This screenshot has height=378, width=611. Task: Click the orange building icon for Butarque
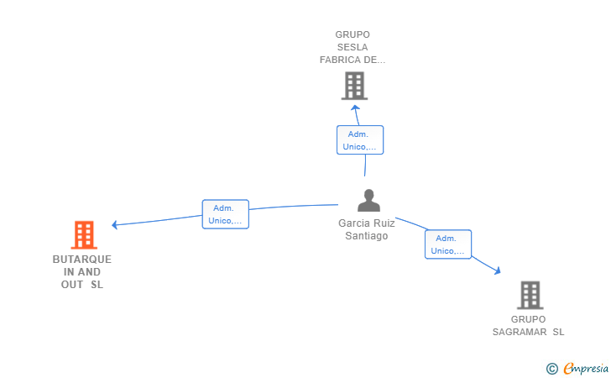(x=84, y=235)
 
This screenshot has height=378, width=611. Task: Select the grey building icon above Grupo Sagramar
(x=530, y=296)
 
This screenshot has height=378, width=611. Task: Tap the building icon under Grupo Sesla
(x=354, y=86)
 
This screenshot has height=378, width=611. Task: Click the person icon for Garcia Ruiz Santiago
(x=368, y=201)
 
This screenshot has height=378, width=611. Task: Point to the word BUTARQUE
(x=82, y=260)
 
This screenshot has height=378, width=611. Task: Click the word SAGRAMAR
(x=520, y=332)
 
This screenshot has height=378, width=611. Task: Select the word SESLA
(x=352, y=47)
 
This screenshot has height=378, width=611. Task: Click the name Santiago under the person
(x=366, y=235)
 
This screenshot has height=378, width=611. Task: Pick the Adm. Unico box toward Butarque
(x=226, y=214)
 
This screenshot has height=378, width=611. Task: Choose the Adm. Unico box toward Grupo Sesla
(x=360, y=140)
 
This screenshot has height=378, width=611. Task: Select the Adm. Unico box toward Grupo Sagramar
(x=448, y=244)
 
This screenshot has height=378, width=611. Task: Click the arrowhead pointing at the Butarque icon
(x=114, y=225)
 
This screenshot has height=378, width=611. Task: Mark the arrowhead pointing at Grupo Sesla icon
(x=355, y=108)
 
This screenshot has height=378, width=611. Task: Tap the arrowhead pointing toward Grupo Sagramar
(x=497, y=270)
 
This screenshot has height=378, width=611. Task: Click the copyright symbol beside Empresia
(x=551, y=369)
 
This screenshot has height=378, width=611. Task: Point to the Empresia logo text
(x=586, y=368)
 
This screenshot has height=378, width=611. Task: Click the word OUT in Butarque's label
(x=72, y=285)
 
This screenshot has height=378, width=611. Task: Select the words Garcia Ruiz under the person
(x=366, y=223)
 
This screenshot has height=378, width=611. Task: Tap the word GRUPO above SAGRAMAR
(x=529, y=319)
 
